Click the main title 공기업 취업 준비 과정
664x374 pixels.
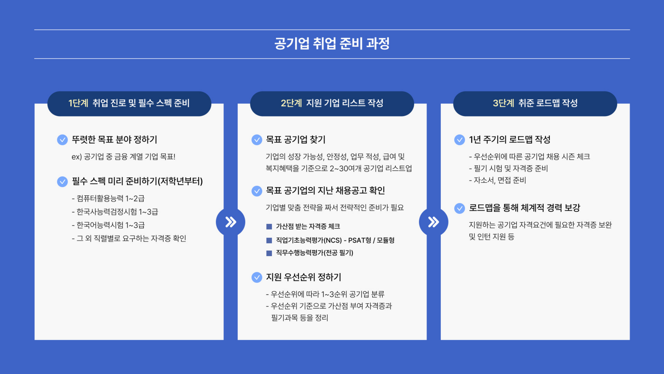pyautogui.click(x=332, y=43)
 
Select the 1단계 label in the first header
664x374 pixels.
pyautogui.click(x=78, y=103)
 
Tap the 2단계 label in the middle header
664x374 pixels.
pyautogui.click(x=291, y=103)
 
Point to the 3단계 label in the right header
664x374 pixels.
pyautogui.click(x=503, y=103)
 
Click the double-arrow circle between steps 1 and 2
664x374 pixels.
pyautogui.click(x=231, y=222)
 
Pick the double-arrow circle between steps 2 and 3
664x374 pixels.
pyautogui.click(x=433, y=222)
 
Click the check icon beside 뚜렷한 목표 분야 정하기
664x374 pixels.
pyautogui.click(x=62, y=140)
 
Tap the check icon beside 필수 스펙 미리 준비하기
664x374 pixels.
pyautogui.click(x=62, y=182)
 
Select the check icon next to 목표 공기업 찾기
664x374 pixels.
pyautogui.click(x=257, y=140)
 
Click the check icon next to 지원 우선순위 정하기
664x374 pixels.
pyautogui.click(x=257, y=277)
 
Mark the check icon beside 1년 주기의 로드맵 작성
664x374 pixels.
pyautogui.click(x=460, y=140)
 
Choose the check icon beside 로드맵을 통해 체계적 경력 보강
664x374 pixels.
pyautogui.click(x=460, y=208)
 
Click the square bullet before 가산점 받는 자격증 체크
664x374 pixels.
pyautogui.click(x=269, y=227)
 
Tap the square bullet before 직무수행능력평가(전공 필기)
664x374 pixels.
pyautogui.click(x=269, y=253)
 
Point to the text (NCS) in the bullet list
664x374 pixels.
pyautogui.click(x=333, y=240)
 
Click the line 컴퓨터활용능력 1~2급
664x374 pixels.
pyautogui.click(x=108, y=199)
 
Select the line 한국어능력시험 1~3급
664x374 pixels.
pyautogui.click(x=108, y=225)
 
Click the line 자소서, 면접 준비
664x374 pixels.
pyautogui.click(x=497, y=180)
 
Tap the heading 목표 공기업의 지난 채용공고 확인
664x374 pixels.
pyautogui.click(x=325, y=191)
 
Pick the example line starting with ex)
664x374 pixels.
pyautogui.click(x=123, y=157)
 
